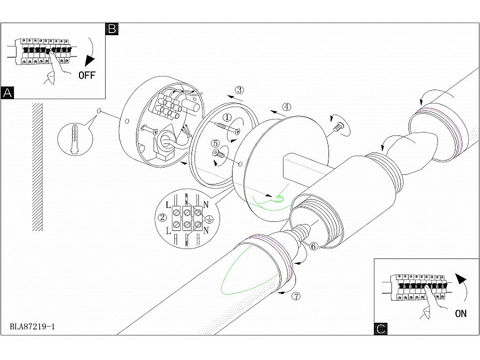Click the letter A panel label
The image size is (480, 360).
(x=7, y=92)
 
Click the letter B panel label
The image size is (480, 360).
(x=112, y=29)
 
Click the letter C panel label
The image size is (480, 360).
(x=380, y=329)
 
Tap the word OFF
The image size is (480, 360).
(x=87, y=75)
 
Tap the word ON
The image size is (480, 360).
(x=461, y=314)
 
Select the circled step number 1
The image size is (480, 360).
(x=227, y=117)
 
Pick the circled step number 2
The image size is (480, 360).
(x=162, y=218)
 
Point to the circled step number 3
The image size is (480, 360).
(x=239, y=90)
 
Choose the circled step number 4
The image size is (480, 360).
(x=286, y=107)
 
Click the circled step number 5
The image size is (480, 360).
(x=215, y=143)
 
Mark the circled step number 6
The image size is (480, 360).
(x=314, y=246)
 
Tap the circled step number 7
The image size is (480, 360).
(x=296, y=297)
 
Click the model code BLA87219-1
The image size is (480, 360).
(x=33, y=326)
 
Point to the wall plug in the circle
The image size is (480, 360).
(x=74, y=139)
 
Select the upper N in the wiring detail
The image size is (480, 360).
(x=206, y=205)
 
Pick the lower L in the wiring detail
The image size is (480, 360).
(x=168, y=231)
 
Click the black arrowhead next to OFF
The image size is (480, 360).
(x=90, y=61)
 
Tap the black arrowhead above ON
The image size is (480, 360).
(x=461, y=278)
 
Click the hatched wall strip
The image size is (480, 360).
(x=37, y=167)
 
